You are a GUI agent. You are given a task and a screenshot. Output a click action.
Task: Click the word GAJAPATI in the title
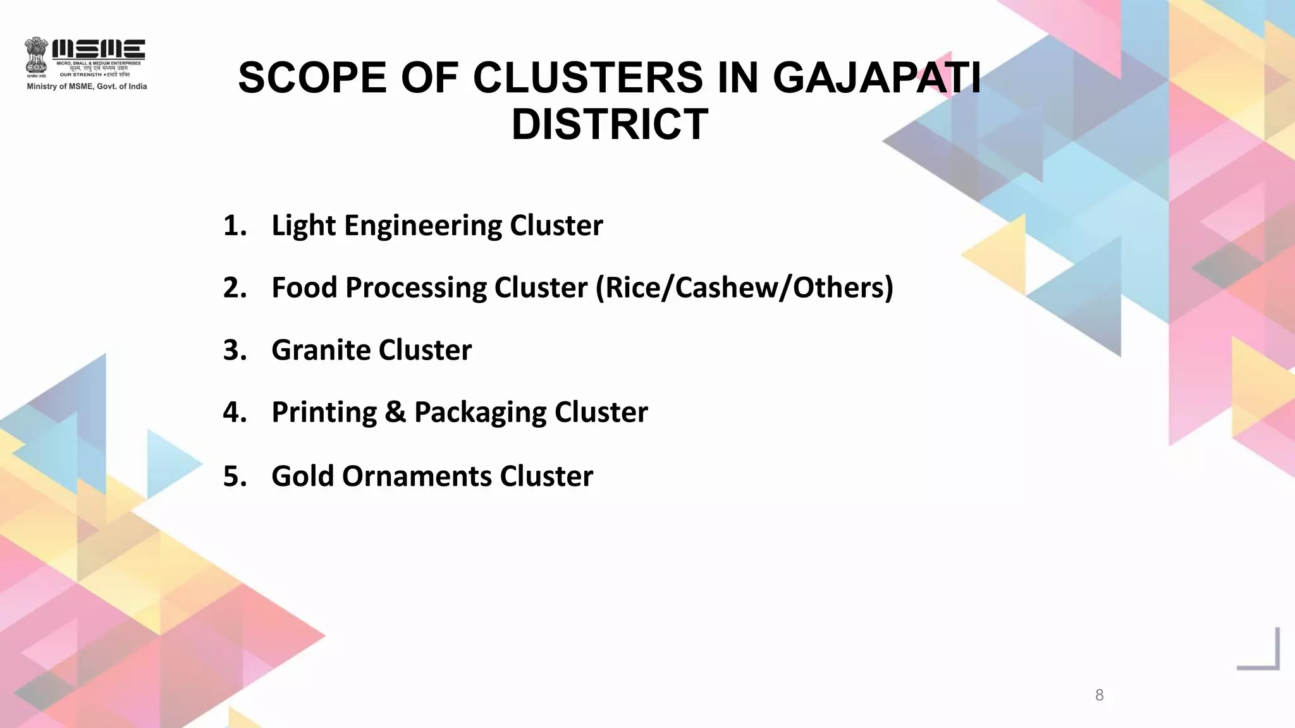pyautogui.click(x=876, y=78)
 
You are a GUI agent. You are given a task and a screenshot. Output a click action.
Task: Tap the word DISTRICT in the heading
pyautogui.click(x=610, y=124)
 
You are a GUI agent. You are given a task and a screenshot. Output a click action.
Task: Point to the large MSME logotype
pyautogui.click(x=99, y=49)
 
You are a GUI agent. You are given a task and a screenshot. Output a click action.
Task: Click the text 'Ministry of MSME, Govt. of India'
pyautogui.click(x=87, y=87)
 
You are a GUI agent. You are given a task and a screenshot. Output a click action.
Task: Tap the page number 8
pyautogui.click(x=1099, y=695)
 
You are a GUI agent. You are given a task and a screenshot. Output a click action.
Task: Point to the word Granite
pyautogui.click(x=321, y=350)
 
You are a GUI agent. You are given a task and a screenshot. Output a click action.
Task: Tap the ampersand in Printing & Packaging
pyautogui.click(x=395, y=412)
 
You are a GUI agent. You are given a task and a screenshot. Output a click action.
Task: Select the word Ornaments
pyautogui.click(x=417, y=476)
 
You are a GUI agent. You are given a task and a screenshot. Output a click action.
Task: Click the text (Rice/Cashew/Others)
pyautogui.click(x=744, y=288)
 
